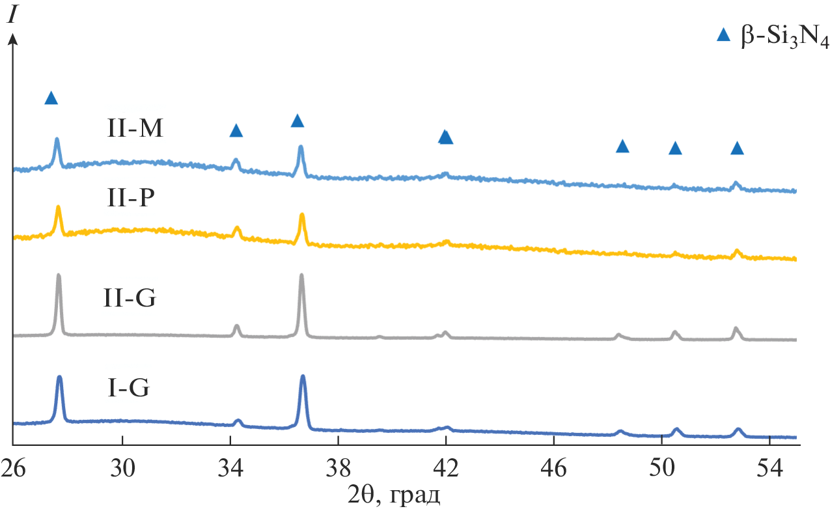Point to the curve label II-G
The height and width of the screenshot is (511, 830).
(x=130, y=300)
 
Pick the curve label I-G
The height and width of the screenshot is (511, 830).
(x=129, y=390)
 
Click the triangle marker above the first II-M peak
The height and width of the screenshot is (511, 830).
(x=51, y=98)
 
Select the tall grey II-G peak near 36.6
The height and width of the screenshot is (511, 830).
(x=301, y=277)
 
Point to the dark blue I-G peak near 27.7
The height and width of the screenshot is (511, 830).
(x=60, y=378)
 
